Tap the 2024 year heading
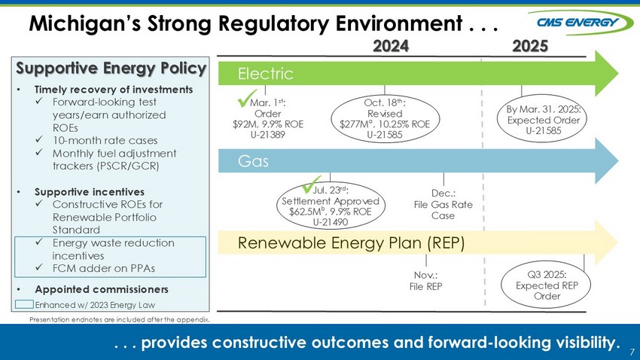391,45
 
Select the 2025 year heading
529,45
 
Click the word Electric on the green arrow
264,73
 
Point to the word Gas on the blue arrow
253,162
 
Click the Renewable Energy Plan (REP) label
351,243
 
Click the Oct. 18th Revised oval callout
385,118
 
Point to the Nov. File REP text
426,280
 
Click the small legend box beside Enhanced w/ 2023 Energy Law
25,304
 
